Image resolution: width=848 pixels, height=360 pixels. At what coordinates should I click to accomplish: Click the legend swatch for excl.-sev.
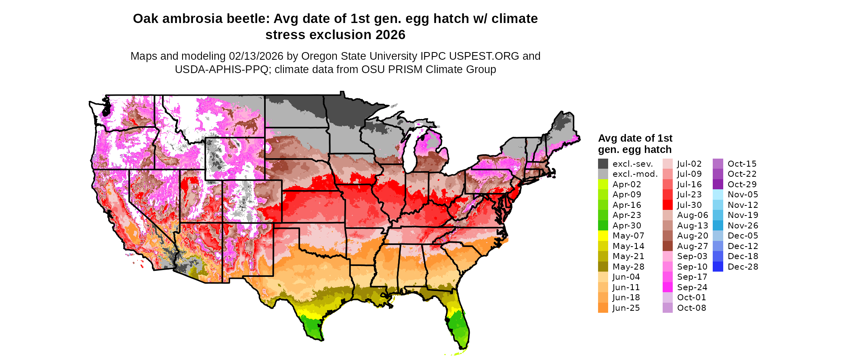[x=603, y=164]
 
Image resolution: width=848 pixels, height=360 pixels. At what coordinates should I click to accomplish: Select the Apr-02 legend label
[x=627, y=184]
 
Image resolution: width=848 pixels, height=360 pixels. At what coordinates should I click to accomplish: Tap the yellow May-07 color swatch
[x=603, y=236]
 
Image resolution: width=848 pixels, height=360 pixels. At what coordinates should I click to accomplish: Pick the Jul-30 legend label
[x=689, y=205]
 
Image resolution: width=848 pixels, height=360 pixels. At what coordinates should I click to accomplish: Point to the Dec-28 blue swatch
[x=718, y=267]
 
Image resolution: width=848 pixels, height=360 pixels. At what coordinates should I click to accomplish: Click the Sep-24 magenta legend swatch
[x=667, y=287]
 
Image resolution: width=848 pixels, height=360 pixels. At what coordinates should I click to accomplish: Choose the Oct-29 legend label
[x=742, y=184]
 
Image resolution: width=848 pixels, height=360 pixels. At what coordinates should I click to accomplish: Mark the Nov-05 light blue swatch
[x=718, y=195]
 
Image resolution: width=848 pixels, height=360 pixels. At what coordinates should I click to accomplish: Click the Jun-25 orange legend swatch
[x=603, y=308]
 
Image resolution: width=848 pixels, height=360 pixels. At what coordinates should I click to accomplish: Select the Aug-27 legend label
[x=693, y=246]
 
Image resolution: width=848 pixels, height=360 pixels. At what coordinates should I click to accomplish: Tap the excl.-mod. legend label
[x=635, y=174]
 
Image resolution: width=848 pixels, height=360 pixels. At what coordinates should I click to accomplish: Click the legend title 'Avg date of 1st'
[x=635, y=138]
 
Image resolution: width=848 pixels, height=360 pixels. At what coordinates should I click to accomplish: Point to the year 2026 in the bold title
[x=390, y=35]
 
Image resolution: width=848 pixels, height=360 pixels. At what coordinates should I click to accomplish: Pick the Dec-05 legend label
[x=743, y=236]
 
